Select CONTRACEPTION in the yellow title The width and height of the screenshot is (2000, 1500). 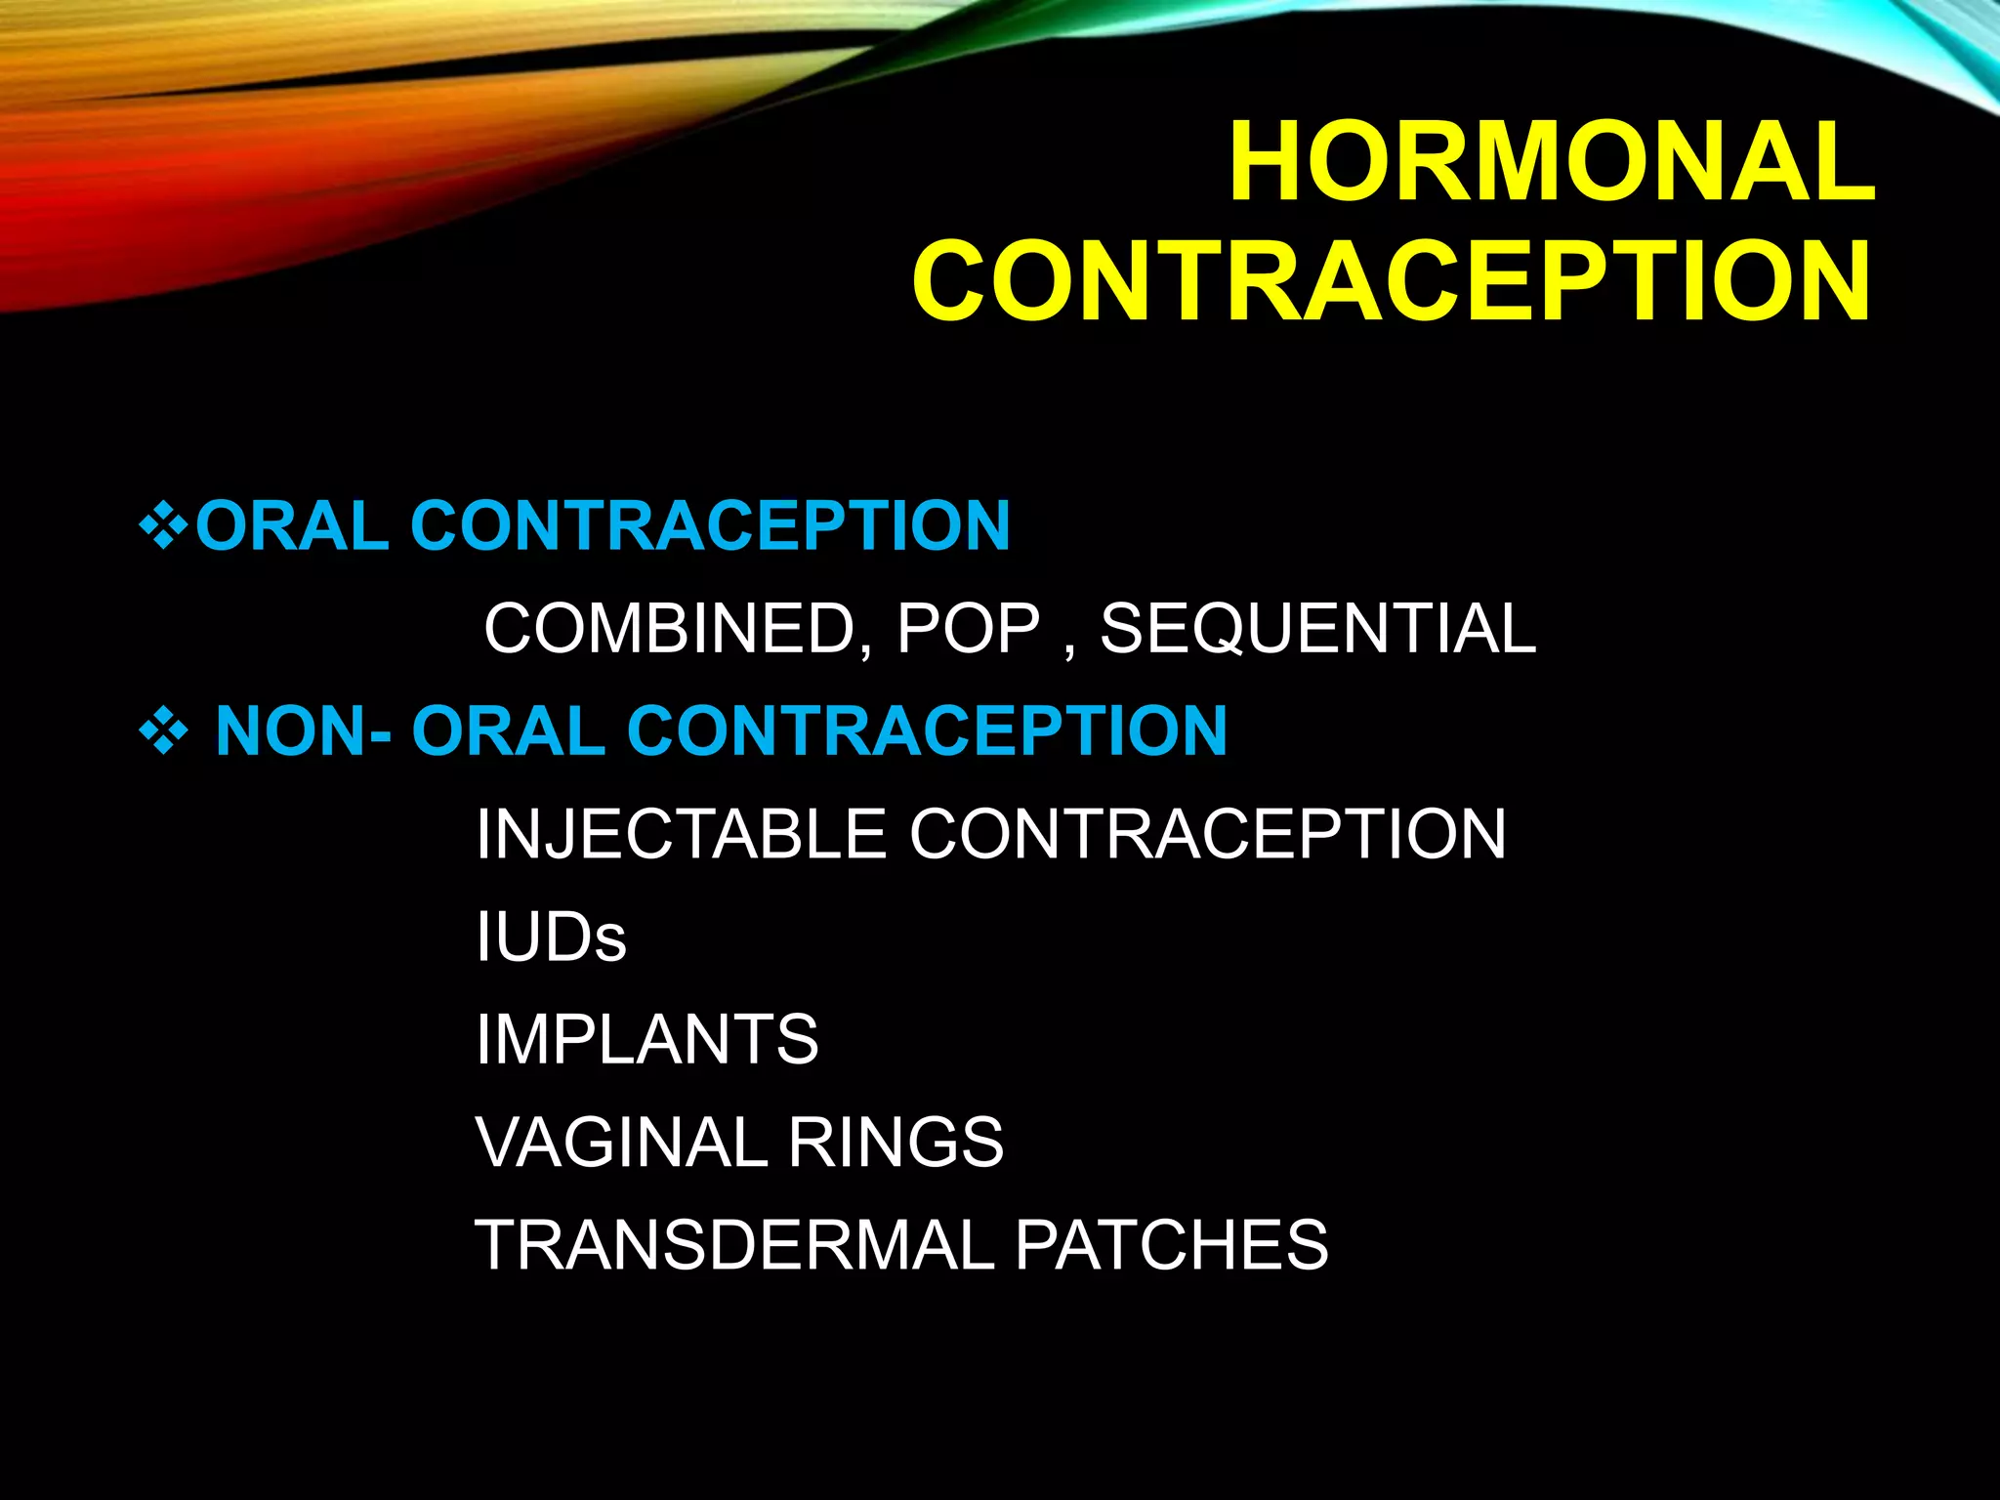click(1393, 280)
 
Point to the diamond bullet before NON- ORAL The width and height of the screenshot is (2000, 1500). click(163, 731)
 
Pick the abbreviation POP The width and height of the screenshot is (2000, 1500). click(968, 628)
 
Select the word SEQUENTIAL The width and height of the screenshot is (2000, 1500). click(1318, 628)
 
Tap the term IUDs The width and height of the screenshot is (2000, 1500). click(551, 937)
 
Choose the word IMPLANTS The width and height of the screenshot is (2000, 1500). click(647, 1039)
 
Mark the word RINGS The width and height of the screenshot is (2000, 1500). click(896, 1142)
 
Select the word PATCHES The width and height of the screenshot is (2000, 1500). click(1172, 1245)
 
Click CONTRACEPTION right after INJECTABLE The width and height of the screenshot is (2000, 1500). click(1208, 834)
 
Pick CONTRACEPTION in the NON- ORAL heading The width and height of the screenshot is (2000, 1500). click(927, 731)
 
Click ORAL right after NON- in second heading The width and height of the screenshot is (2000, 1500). click(509, 731)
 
